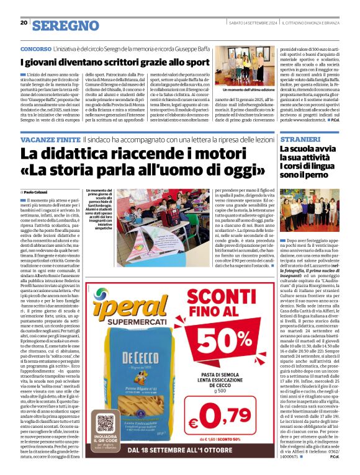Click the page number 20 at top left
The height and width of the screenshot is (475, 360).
pos(24,22)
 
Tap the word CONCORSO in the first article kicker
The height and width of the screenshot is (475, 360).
pos(37,48)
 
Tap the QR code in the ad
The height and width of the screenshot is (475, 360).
pos(106,425)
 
